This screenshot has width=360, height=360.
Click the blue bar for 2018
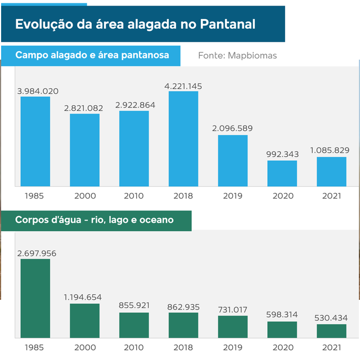coord(183,138)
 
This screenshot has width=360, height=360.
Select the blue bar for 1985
coord(35,141)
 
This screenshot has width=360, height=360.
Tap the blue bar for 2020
coord(282,173)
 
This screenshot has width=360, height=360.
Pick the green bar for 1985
coord(35,298)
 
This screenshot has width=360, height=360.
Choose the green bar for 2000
coord(84,321)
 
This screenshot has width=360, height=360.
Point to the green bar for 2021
coord(331,331)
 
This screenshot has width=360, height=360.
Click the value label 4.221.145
coord(183,86)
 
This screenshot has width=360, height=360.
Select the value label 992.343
coord(282,154)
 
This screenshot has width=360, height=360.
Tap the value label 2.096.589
coord(232,128)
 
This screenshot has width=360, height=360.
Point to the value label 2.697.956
coord(37,253)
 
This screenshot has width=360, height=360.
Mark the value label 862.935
coord(183,307)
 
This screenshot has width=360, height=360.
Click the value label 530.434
coord(331,318)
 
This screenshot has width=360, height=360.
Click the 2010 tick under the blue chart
coord(134,196)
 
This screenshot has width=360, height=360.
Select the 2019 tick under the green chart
coord(232,347)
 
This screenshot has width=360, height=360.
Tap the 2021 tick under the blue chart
coord(331,196)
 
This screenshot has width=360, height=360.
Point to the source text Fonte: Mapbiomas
coord(237,56)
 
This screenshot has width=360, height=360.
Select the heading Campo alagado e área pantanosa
coord(92,56)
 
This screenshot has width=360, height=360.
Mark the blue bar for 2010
coord(134,148)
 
